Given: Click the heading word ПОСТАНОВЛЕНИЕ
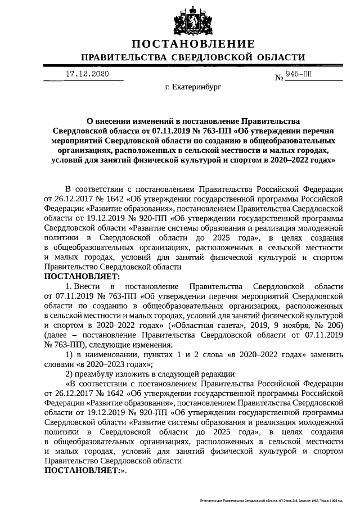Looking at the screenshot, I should [193, 44].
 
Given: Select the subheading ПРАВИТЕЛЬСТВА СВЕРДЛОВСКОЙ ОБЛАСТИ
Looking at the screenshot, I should [193, 58].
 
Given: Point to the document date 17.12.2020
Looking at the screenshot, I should [87, 74].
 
